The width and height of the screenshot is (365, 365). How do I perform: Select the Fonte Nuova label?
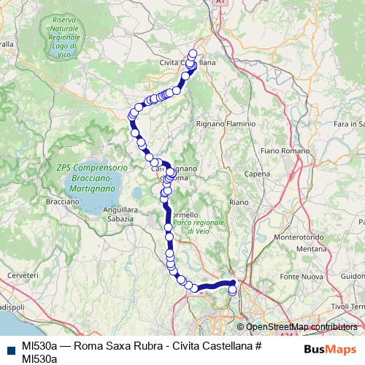pos(301,277)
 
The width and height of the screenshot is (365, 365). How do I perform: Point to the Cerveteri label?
pos(22,274)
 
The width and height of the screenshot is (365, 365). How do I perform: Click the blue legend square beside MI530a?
pos(9,346)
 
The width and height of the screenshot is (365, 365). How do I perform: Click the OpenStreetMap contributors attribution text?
pos(301,326)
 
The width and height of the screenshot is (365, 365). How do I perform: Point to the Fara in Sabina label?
pos(349,125)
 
